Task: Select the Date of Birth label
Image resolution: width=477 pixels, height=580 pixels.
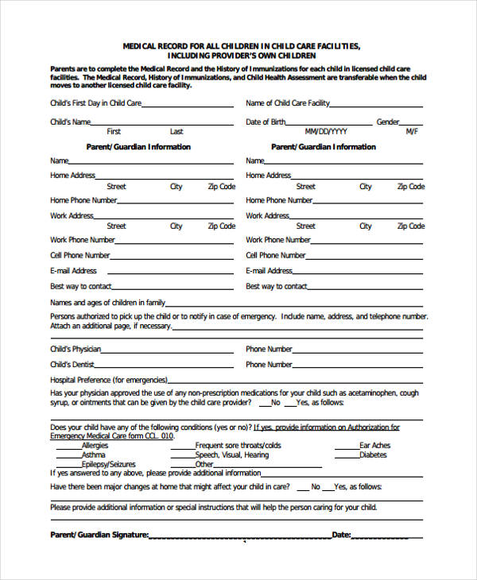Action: [x=266, y=122]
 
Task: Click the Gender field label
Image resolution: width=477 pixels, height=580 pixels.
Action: [x=388, y=122]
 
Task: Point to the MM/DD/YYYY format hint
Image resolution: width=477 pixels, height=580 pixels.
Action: [x=326, y=132]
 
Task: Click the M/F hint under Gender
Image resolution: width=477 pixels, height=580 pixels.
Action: [x=412, y=132]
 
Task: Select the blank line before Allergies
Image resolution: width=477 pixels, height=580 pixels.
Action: [x=67, y=447]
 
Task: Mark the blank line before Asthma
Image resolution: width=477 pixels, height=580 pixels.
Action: [x=67, y=456]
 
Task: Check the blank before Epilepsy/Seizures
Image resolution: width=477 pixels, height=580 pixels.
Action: [x=67, y=466]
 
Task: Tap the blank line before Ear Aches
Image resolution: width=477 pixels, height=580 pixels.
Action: [x=346, y=447]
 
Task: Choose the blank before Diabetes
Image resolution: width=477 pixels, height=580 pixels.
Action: [x=346, y=456]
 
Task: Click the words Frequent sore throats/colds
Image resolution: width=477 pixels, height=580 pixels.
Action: [x=238, y=446]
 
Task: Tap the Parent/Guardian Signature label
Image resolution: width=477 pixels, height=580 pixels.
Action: [x=99, y=535]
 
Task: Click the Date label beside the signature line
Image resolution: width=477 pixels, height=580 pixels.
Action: [x=341, y=535]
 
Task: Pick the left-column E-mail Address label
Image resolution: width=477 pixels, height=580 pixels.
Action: [x=73, y=271]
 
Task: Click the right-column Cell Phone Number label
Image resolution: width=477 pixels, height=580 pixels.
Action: [x=276, y=256]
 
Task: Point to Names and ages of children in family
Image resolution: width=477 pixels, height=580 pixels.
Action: [x=108, y=303]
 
